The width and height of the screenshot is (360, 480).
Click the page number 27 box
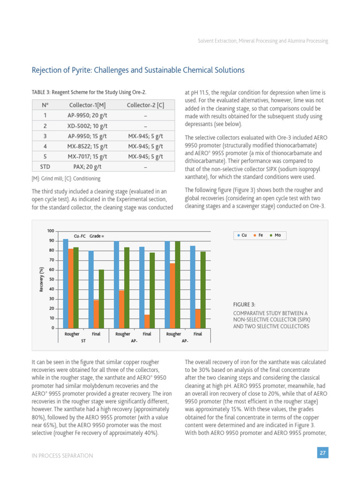point(322,453)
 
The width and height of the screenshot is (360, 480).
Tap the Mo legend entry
point(276,235)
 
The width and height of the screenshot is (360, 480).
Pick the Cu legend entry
point(242,235)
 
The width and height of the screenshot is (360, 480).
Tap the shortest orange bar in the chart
point(147,321)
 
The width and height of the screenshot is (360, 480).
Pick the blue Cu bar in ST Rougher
point(66,283)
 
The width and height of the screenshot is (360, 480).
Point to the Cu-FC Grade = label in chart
point(89,236)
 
